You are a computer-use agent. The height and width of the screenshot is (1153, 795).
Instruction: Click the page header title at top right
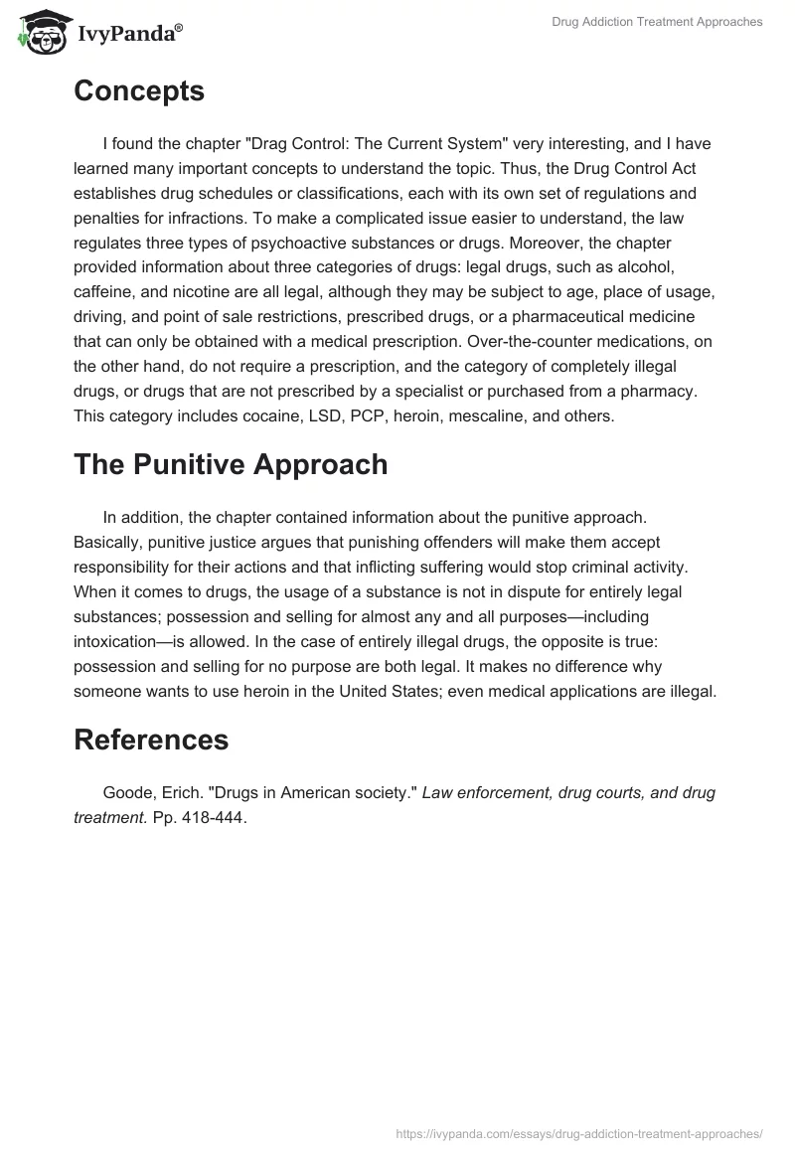(x=657, y=22)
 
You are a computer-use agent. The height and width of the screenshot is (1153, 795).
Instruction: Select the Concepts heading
(x=139, y=90)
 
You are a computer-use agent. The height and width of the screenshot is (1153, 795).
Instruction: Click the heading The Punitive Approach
(x=231, y=464)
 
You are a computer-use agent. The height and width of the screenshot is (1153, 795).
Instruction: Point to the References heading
(x=151, y=739)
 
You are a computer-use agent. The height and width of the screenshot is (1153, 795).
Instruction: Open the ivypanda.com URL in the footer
(x=579, y=1132)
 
